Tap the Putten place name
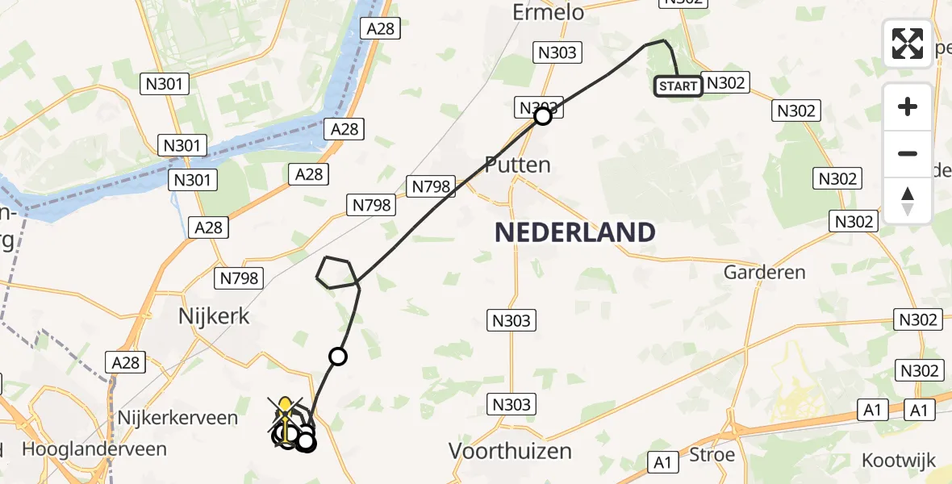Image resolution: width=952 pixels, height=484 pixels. click(x=517, y=165)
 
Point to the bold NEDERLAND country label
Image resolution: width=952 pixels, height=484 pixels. click(x=574, y=232)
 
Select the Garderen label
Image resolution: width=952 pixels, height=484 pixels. click(x=764, y=272)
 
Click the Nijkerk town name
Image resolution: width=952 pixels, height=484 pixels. click(x=213, y=315)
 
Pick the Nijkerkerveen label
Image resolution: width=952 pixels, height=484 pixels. click(x=177, y=418)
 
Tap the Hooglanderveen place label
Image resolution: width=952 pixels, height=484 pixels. click(x=94, y=449)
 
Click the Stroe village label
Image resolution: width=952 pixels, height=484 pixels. click(x=712, y=455)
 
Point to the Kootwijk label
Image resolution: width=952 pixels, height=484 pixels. click(x=899, y=461)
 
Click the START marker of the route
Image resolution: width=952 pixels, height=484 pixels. click(x=678, y=86)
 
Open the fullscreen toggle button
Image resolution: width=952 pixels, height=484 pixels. click(x=908, y=44)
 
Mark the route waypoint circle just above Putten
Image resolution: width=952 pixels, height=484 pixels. click(x=543, y=116)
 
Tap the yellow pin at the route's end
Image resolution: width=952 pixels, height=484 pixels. click(x=285, y=406)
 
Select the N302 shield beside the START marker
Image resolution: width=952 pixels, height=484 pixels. click(x=725, y=82)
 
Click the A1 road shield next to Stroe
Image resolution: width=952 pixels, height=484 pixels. click(x=662, y=462)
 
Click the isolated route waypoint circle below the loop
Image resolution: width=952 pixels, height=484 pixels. click(x=338, y=356)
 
